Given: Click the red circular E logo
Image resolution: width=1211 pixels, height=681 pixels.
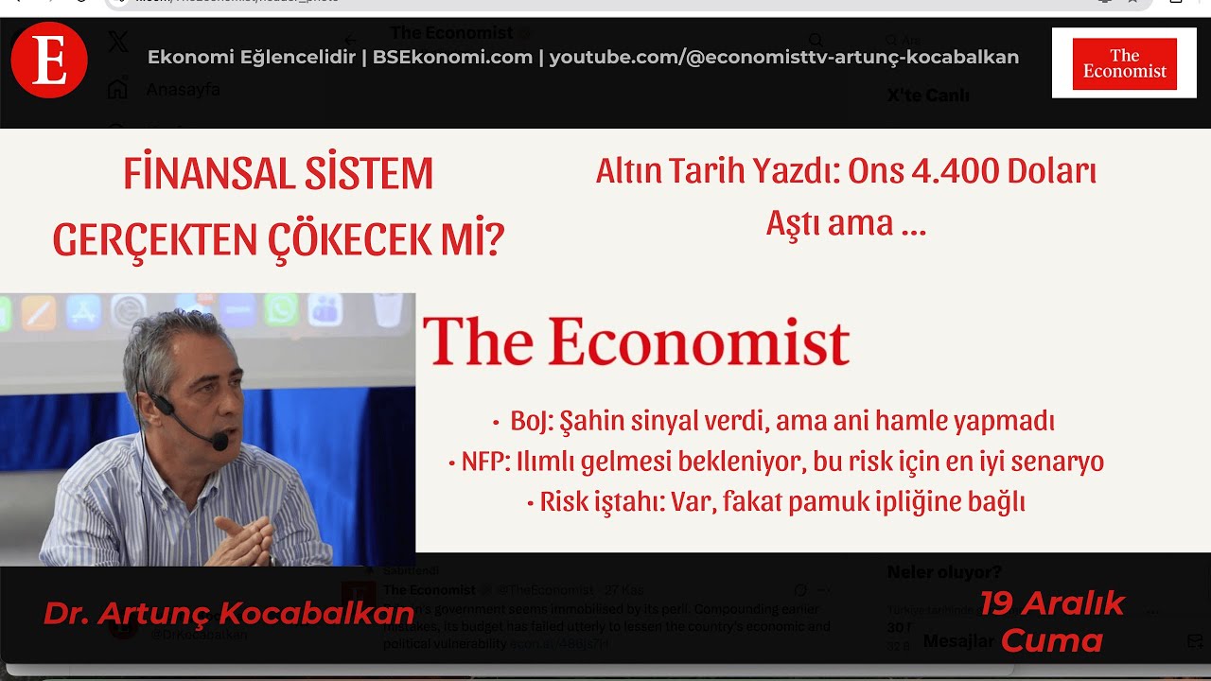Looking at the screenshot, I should pyautogui.click(x=49, y=61).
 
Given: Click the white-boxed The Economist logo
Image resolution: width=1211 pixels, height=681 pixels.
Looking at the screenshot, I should pyautogui.click(x=1124, y=63).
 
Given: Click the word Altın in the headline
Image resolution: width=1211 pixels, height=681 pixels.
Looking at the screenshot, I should pyautogui.click(x=628, y=171).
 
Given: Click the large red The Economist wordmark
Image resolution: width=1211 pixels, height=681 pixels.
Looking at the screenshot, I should pyautogui.click(x=636, y=341).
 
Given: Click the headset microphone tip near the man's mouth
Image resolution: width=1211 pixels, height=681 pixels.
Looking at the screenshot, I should pyautogui.click(x=219, y=441).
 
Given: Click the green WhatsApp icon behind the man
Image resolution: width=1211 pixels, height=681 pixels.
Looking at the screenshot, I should pyautogui.click(x=281, y=309).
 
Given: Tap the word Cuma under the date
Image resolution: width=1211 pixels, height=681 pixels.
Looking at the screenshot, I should pyautogui.click(x=1051, y=641).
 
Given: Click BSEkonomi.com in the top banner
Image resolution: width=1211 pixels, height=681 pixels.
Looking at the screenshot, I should pyautogui.click(x=452, y=58).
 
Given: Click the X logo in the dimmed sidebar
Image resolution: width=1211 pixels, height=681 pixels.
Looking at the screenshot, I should pyautogui.click(x=117, y=42).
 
